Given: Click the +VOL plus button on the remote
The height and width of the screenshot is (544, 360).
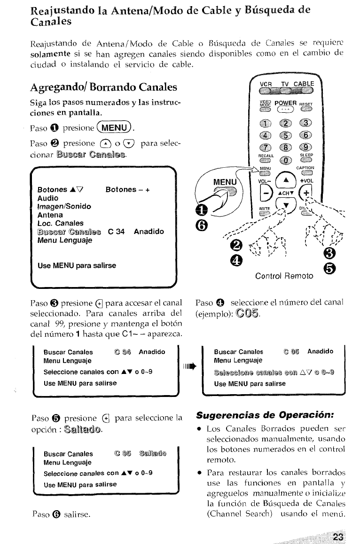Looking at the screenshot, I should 306,193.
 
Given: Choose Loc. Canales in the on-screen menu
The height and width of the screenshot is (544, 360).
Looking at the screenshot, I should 60,223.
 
